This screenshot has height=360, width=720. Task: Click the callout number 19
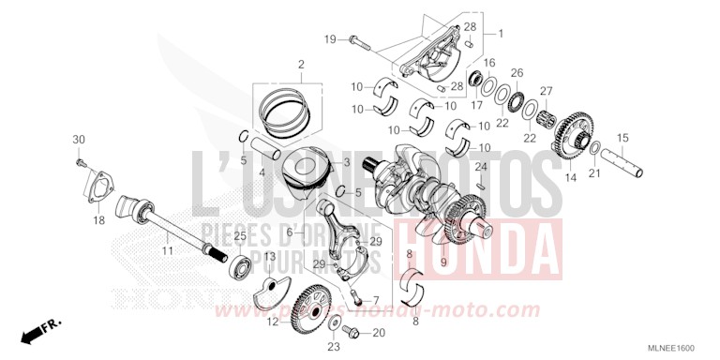[x=330, y=38]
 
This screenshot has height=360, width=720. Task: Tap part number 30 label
[x=79, y=140]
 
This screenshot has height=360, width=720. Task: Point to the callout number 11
[x=167, y=250]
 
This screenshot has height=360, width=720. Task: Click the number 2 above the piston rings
[x=301, y=65]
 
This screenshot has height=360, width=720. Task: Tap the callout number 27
[x=546, y=91]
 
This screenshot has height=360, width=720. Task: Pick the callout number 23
[x=333, y=346]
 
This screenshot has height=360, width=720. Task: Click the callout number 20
[x=379, y=333]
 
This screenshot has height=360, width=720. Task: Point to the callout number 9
[x=443, y=262]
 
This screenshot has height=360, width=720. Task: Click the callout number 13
[x=268, y=256]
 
